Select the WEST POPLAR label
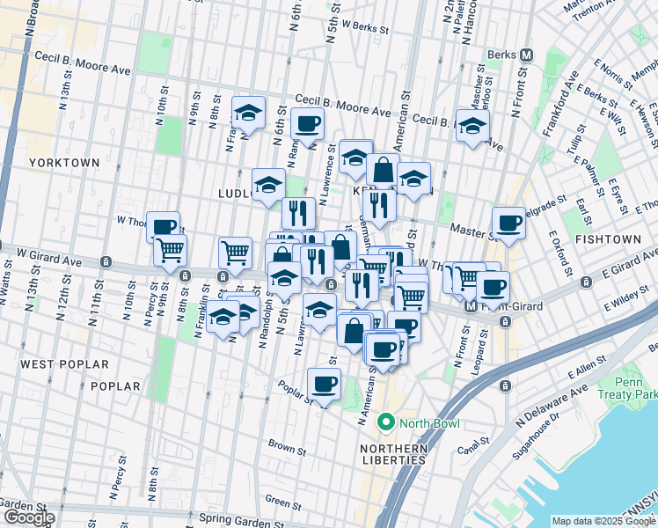[65, 363]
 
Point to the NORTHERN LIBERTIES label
[393, 455]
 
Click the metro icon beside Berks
[527, 55]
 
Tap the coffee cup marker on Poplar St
[324, 385]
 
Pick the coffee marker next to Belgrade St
[508, 224]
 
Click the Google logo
[29, 517]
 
